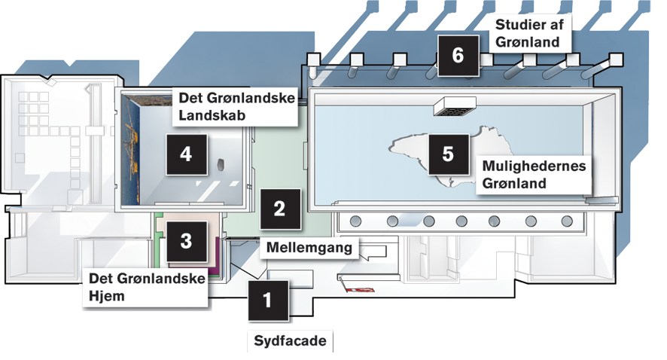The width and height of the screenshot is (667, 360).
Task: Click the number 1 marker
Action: [x=266, y=301]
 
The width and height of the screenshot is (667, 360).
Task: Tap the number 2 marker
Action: [x=279, y=209]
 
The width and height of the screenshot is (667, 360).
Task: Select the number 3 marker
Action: [x=186, y=241]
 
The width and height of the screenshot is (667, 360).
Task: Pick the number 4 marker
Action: [x=186, y=154]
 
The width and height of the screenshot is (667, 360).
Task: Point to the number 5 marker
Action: [x=448, y=154]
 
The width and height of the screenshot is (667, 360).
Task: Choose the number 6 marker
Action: [x=458, y=55]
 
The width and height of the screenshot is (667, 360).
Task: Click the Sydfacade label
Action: [x=291, y=341]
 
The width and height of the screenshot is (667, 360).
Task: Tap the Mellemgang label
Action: [x=309, y=246]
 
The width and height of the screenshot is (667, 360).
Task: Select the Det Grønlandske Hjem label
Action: [x=148, y=287]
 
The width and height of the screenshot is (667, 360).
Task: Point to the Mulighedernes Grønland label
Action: [x=534, y=173]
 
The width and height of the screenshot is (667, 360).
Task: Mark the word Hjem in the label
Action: [x=106, y=296]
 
